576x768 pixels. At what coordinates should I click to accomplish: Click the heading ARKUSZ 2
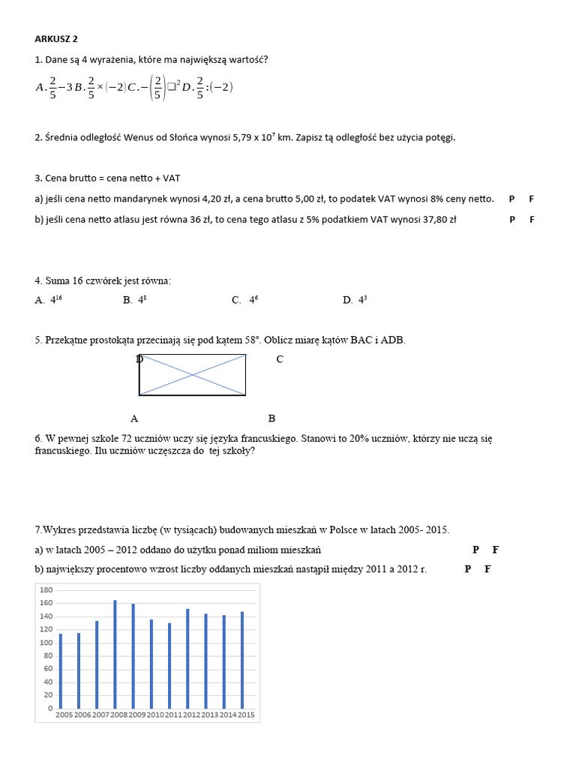(x=57, y=40)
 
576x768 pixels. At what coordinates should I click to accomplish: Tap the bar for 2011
(x=169, y=665)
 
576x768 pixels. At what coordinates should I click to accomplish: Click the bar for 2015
(x=241, y=660)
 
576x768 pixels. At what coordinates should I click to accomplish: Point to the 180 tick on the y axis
(x=46, y=590)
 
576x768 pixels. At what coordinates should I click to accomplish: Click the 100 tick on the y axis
(x=46, y=643)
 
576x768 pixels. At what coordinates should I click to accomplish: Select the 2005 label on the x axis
(x=64, y=715)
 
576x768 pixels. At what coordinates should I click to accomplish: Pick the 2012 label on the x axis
(x=192, y=715)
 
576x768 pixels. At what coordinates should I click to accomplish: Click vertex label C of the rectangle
(x=280, y=359)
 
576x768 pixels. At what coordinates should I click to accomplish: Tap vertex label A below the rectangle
(x=134, y=418)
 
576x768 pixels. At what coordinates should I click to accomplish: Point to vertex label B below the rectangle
(x=271, y=418)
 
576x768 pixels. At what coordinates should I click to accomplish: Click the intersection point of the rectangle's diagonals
(x=193, y=374)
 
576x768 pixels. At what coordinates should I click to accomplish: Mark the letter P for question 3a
(x=511, y=199)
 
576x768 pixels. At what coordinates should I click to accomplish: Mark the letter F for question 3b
(x=532, y=220)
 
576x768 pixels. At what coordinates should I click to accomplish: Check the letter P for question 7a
(x=475, y=550)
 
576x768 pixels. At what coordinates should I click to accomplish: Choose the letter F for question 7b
(x=487, y=569)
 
